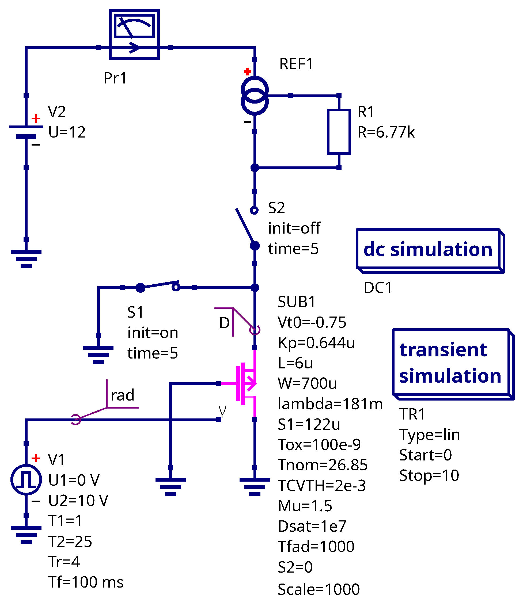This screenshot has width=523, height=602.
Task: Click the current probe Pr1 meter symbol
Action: [134, 35]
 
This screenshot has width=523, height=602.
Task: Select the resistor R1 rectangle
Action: [339, 132]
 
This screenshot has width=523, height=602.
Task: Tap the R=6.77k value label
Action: [386, 132]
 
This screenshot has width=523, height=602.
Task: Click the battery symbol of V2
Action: [26, 132]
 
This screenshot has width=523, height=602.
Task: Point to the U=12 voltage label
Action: [67, 132]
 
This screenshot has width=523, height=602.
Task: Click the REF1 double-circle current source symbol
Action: [255, 96]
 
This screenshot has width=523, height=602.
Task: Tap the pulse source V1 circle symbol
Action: [26, 480]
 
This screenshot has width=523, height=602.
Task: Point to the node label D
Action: [224, 323]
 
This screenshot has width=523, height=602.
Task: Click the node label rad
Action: [123, 395]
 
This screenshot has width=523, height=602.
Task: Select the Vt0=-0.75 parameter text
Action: [312, 322]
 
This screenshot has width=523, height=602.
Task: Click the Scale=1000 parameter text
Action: [319, 589]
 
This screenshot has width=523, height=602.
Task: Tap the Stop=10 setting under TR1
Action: [429, 475]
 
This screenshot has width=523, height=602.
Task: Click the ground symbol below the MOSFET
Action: [255, 486]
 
